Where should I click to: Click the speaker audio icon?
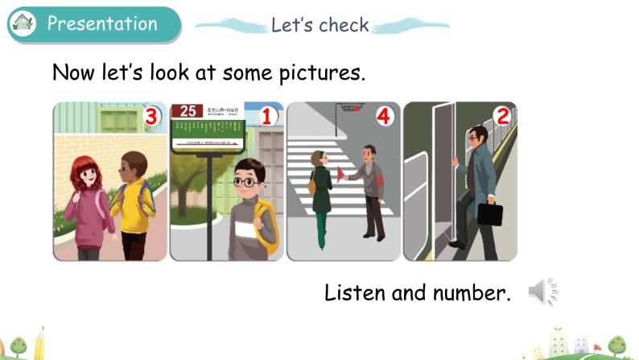542,292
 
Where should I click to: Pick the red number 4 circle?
384,117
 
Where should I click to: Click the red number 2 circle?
502,117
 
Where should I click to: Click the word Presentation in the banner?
102,23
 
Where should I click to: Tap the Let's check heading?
319,25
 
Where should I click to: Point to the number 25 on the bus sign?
188,111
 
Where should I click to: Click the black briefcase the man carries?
489,213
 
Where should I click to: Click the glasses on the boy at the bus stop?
245,182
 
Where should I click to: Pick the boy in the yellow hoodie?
131,201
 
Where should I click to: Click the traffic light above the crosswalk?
350,107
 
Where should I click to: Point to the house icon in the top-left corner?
23,23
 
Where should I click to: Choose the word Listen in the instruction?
354,292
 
